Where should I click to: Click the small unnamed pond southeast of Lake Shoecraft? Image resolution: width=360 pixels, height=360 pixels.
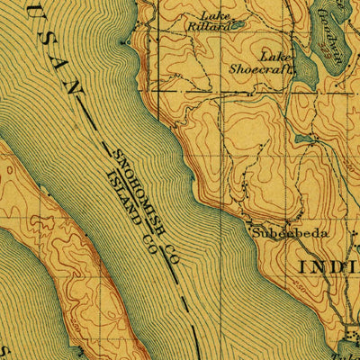pos(302,139)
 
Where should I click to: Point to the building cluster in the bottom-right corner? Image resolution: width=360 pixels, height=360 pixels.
pos(350,338)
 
